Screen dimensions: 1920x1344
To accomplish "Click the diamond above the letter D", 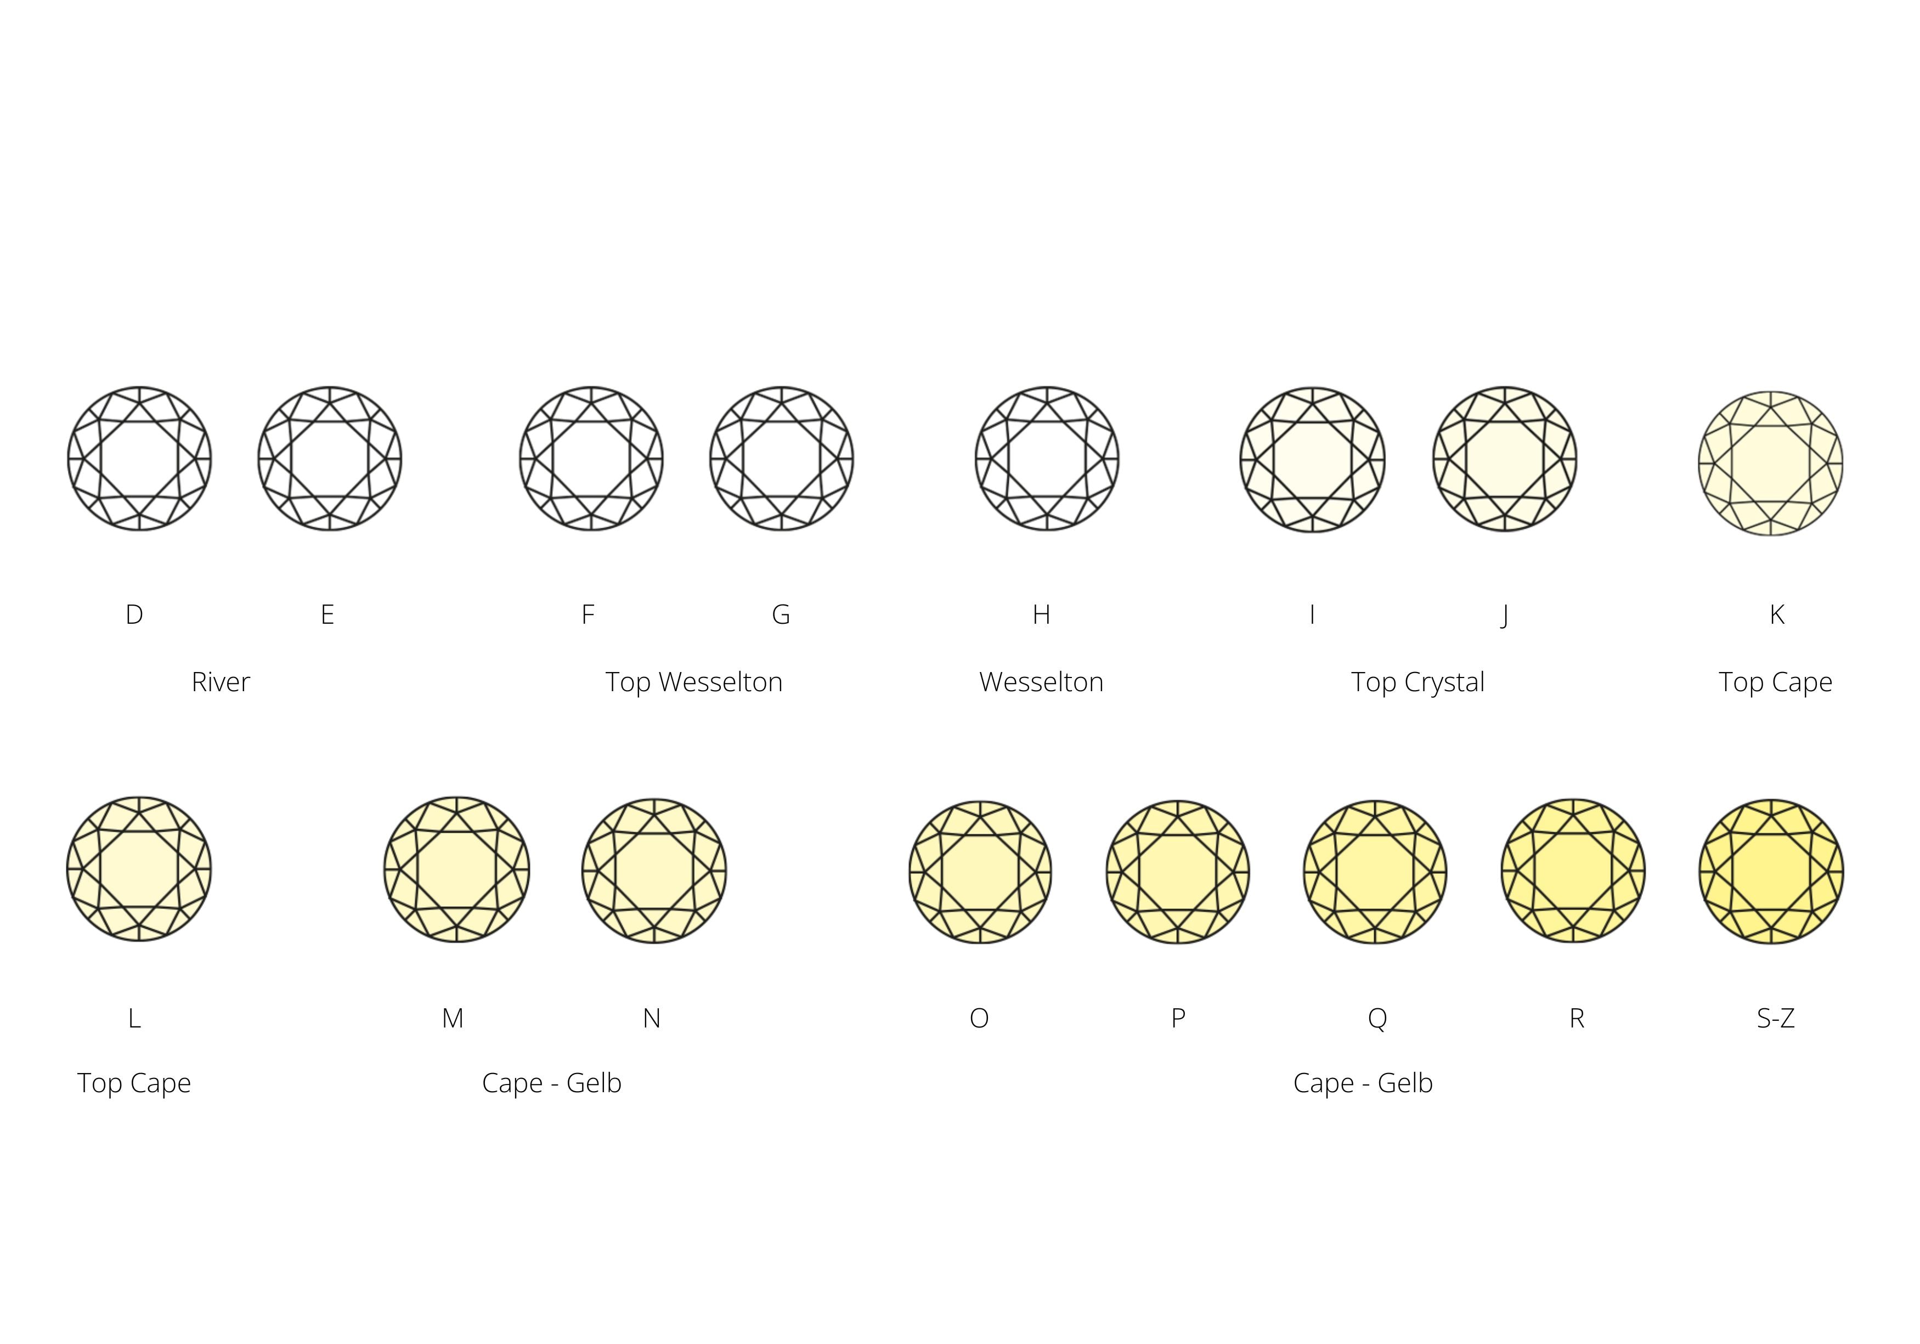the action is pyautogui.click(x=140, y=458).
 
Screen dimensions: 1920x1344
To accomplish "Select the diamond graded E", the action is pyautogui.click(x=330, y=458).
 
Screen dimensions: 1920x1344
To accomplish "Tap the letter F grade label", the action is pyautogui.click(x=588, y=615).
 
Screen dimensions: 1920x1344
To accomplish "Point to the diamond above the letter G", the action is pyautogui.click(x=782, y=458).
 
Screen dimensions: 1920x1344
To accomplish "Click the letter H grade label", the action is pyautogui.click(x=1041, y=615).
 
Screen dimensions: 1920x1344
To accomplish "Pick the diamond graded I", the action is pyautogui.click(x=1313, y=459).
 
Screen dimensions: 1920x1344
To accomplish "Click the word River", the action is pyautogui.click(x=221, y=682).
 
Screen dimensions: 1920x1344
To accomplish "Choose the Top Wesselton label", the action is pyautogui.click(x=694, y=682).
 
